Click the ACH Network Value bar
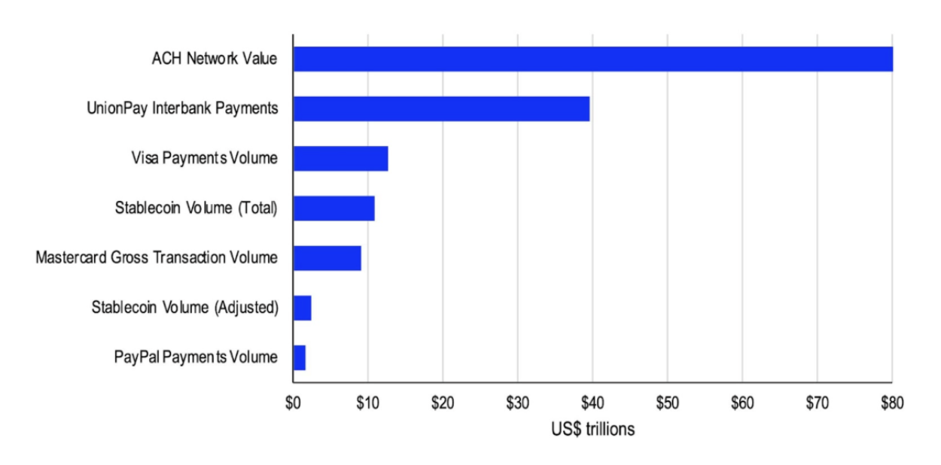pyautogui.click(x=592, y=59)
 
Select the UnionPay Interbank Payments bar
pyautogui.click(x=441, y=108)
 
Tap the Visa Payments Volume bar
pyautogui.click(x=340, y=158)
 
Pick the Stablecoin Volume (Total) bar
pyautogui.click(x=333, y=208)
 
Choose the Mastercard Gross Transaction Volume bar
pyautogui.click(x=327, y=257)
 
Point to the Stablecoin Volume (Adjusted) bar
pyautogui.click(x=302, y=308)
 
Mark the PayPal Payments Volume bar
pyautogui.click(x=299, y=357)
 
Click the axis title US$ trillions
pyautogui.click(x=592, y=430)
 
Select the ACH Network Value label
pyautogui.click(x=215, y=59)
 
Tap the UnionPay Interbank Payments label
pyautogui.click(x=182, y=108)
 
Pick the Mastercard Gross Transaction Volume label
pyautogui.click(x=157, y=257)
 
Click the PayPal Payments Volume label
pyautogui.click(x=196, y=357)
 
